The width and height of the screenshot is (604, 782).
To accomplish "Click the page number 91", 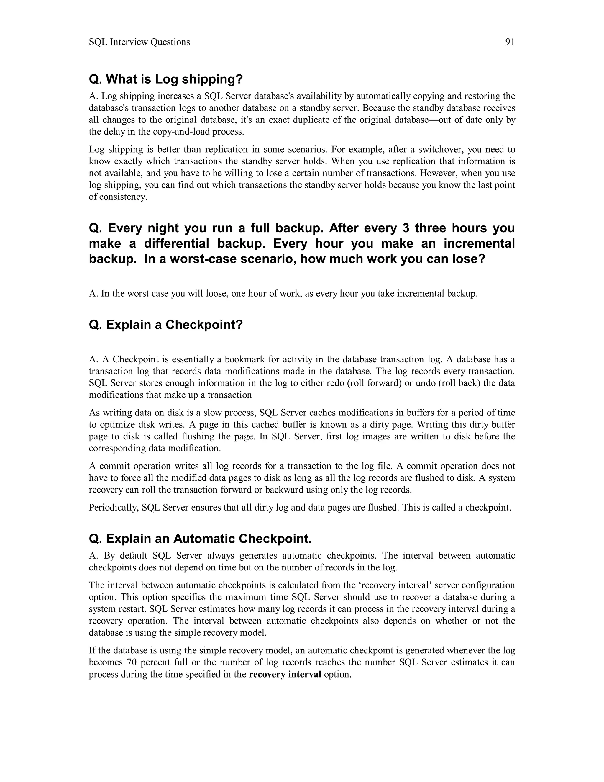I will [x=510, y=42].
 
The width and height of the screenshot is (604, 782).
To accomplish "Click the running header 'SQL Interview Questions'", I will [x=139, y=42].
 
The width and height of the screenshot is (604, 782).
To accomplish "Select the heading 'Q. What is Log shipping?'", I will [x=166, y=79].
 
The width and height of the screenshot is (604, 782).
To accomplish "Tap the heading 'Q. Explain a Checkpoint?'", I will [x=166, y=325].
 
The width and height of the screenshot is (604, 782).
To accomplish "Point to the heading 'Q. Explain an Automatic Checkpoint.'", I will [x=200, y=539].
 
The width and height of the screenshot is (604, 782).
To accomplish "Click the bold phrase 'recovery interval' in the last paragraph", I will [x=285, y=674].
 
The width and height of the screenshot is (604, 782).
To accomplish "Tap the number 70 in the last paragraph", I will [x=130, y=662].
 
